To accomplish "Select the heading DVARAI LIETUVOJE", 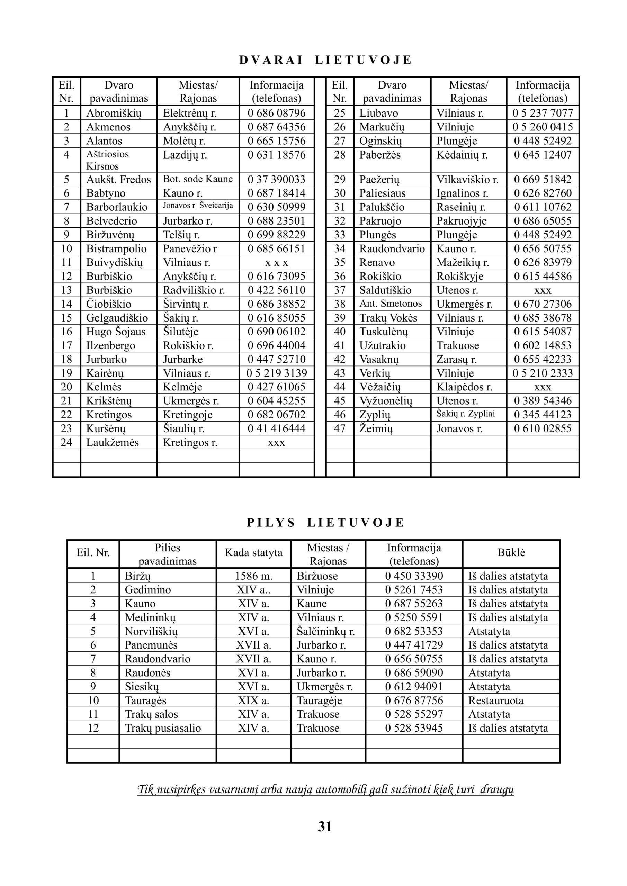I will coord(325,60).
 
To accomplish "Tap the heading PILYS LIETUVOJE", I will coord(325,523).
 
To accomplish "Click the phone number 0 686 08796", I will coord(276,113).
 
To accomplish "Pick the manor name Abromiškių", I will coord(114,113).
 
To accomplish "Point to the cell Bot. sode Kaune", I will coord(198,179).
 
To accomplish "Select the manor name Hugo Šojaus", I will coord(116,332).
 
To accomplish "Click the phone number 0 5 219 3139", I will coord(276,373).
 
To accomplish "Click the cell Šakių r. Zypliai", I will coord(466,414).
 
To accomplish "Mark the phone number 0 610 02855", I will coord(543,428).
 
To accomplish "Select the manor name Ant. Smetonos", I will coord(391,304).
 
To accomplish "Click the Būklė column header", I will coord(511,553).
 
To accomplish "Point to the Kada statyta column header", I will coord(254,553).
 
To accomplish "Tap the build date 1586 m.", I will coord(254,576).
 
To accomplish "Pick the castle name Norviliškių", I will coord(151,631).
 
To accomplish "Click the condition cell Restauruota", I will coord(496,700).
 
